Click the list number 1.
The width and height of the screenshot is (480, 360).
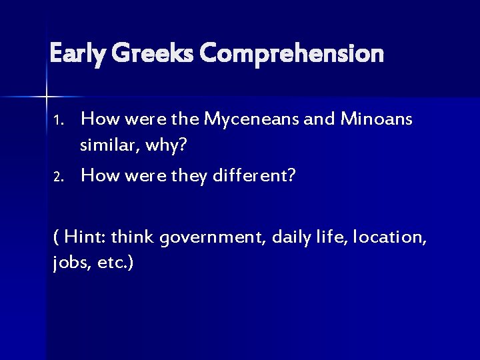click(58, 121)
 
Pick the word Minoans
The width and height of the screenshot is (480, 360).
click(377, 120)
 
